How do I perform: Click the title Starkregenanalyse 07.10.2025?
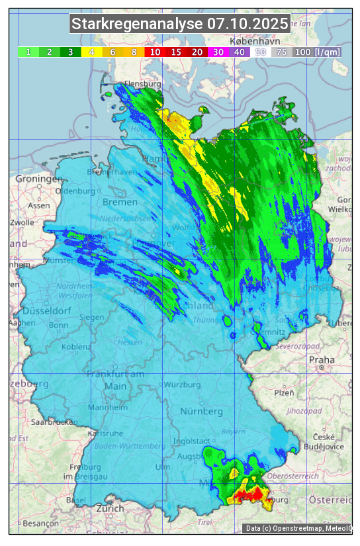(x=180, y=24)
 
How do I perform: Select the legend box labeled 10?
(x=155, y=52)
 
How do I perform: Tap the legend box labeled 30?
(x=218, y=52)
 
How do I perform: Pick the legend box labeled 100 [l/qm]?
(x=317, y=52)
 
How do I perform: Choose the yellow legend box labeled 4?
(x=92, y=52)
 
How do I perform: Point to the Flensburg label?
(x=142, y=85)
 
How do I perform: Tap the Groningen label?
(x=38, y=179)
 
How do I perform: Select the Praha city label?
(x=322, y=360)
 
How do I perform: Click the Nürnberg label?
(x=202, y=411)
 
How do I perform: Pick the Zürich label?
(x=110, y=508)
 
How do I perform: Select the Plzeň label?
(x=284, y=392)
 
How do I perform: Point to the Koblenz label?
(x=76, y=347)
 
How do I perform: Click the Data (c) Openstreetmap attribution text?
(x=297, y=528)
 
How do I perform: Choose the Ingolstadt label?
(x=192, y=441)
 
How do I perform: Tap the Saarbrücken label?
(x=54, y=422)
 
